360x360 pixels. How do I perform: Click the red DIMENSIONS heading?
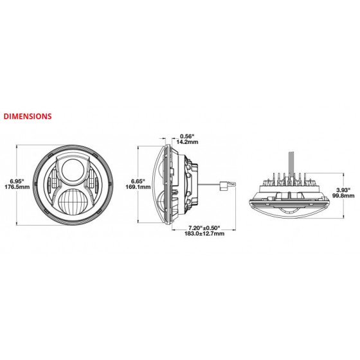pyautogui.click(x=28, y=116)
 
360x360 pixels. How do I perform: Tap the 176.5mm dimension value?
pyautogui.click(x=17, y=187)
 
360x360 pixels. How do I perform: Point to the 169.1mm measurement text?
pyautogui.click(x=138, y=187)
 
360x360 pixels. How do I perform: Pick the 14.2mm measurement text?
pyautogui.click(x=187, y=142)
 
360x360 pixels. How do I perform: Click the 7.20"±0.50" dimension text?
pyautogui.click(x=204, y=228)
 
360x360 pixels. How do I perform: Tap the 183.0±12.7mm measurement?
pyautogui.click(x=204, y=233)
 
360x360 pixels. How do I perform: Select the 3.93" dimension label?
pyautogui.click(x=343, y=190)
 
